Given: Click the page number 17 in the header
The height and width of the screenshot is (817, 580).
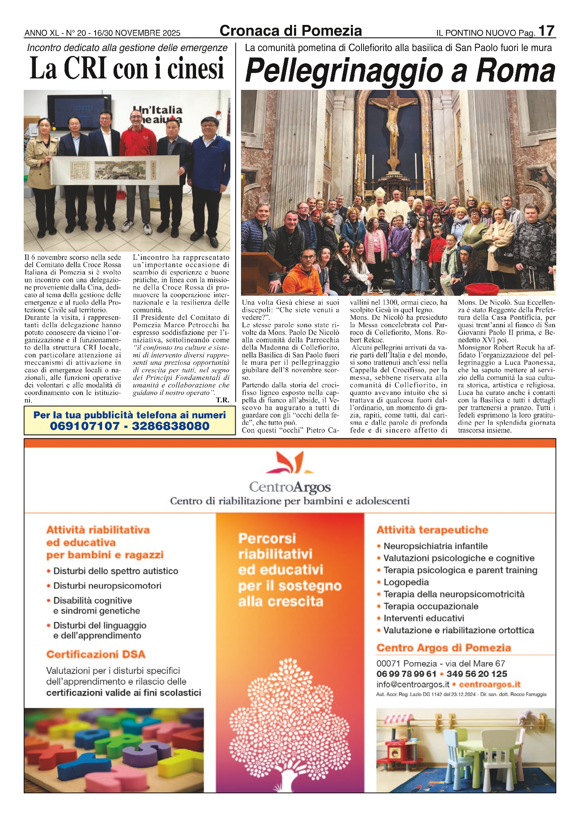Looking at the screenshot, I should pyautogui.click(x=546, y=31).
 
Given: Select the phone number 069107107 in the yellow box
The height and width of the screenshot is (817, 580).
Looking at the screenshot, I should pyautogui.click(x=85, y=426).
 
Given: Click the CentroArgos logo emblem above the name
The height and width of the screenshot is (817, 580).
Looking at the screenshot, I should pyautogui.click(x=290, y=462).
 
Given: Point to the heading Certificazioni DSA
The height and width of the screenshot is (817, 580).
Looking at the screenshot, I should pyautogui.click(x=96, y=654).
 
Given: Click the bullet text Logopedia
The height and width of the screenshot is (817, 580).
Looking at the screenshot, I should pyautogui.click(x=406, y=582).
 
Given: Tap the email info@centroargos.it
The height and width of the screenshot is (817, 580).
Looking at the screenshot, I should pyautogui.click(x=413, y=684).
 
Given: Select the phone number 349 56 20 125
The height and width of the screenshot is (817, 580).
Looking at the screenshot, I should pyautogui.click(x=477, y=674).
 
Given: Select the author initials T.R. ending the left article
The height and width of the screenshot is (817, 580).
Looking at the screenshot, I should pyautogui.click(x=223, y=400).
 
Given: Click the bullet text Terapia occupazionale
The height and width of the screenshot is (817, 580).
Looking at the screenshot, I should pyautogui.click(x=431, y=606).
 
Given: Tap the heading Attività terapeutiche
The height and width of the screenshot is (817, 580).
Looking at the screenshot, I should pyautogui.click(x=432, y=530).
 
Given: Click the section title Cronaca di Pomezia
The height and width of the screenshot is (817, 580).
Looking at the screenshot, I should pyautogui.click(x=290, y=31).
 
